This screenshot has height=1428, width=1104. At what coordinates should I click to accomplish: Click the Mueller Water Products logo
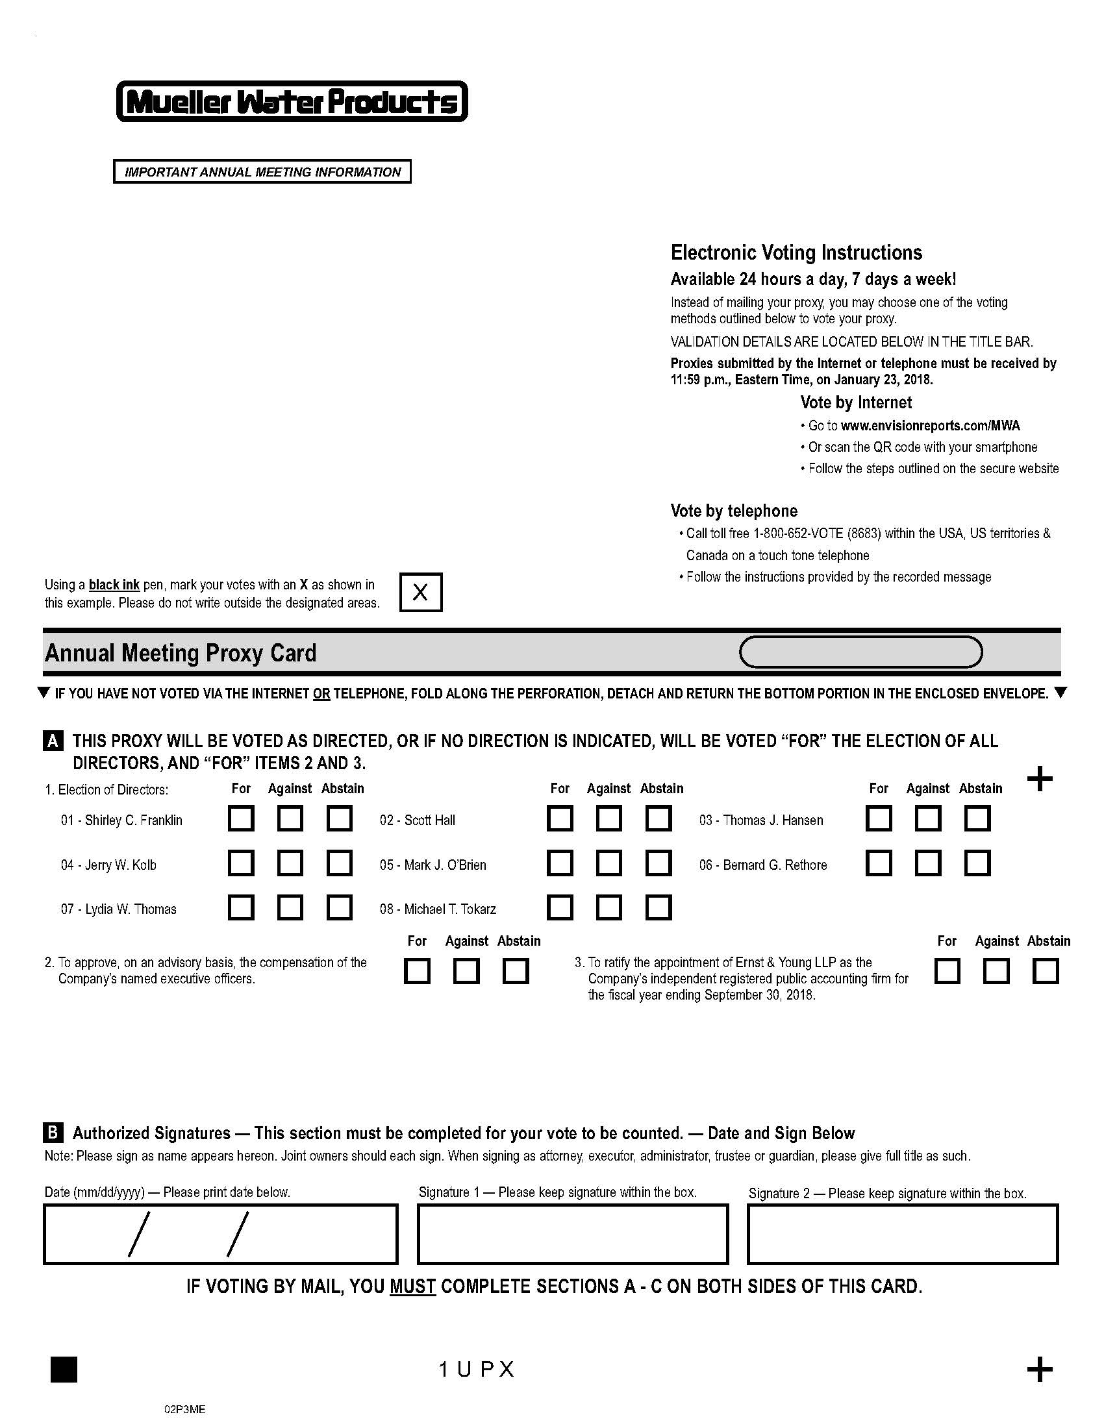click(x=292, y=101)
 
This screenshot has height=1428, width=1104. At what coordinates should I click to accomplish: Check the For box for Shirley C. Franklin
click(x=241, y=818)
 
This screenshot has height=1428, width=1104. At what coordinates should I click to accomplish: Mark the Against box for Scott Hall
click(x=609, y=818)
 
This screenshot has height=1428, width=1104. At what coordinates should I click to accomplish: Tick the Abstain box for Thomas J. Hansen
click(x=977, y=818)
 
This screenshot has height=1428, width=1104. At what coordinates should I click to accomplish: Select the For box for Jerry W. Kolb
click(x=241, y=863)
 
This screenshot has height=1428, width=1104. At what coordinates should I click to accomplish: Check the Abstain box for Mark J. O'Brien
click(x=659, y=863)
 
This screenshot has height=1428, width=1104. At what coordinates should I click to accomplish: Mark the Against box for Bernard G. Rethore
click(x=927, y=863)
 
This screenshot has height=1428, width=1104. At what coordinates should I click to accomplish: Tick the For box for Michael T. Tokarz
click(x=560, y=907)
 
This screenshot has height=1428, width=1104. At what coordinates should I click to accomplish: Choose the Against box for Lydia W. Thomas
click(x=290, y=907)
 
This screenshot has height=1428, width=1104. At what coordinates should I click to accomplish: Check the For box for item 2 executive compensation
click(x=418, y=971)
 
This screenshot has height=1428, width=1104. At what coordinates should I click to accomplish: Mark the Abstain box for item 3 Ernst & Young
click(x=1045, y=971)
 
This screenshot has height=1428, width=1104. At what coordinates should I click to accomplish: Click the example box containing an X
click(x=421, y=593)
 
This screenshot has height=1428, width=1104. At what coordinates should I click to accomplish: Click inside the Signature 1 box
click(x=572, y=1234)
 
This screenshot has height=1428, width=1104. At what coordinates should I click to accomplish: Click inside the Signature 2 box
click(x=903, y=1234)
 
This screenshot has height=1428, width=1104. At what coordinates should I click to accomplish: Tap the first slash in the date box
click(x=139, y=1234)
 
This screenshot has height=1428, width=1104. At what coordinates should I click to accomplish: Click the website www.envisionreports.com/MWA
click(x=930, y=426)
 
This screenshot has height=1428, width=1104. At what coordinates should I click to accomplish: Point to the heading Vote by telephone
click(x=734, y=511)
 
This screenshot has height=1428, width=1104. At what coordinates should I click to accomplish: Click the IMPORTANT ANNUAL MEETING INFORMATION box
click(x=262, y=172)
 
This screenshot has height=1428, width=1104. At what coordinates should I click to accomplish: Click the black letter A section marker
click(x=53, y=741)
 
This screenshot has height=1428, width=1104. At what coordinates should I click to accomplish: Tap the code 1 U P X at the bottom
click(x=476, y=1369)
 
